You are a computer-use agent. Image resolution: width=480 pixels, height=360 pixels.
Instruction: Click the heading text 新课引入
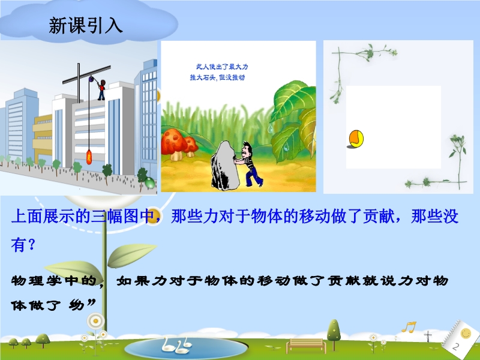click(x=86, y=25)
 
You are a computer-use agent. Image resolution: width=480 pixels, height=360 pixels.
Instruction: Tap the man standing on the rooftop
click(x=101, y=90)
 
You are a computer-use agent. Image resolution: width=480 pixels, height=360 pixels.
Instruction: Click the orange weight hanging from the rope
click(x=89, y=157)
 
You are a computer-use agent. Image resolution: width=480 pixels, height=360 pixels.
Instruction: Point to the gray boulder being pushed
click(x=226, y=165)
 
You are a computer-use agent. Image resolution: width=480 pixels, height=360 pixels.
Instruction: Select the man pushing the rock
click(x=250, y=164)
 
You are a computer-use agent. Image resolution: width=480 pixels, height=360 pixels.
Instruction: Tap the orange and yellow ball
click(x=356, y=139)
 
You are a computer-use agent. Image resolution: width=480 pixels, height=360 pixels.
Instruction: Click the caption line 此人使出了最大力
click(x=222, y=67)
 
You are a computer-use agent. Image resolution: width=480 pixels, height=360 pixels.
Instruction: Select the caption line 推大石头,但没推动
click(x=217, y=77)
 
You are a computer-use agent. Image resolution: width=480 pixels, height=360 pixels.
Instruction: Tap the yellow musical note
click(x=409, y=327)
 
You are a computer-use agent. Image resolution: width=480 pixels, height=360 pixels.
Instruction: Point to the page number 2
click(x=456, y=347)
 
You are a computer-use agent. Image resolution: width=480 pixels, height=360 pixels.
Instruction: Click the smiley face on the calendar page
click(x=466, y=334)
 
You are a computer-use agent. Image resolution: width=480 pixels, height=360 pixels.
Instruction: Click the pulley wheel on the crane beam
click(x=91, y=79)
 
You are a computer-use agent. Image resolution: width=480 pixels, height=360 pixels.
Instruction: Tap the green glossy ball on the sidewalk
click(x=150, y=182)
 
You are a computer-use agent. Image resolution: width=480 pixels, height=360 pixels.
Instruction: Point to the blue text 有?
click(x=23, y=245)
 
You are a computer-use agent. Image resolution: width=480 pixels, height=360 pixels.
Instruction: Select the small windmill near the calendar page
click(x=428, y=336)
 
